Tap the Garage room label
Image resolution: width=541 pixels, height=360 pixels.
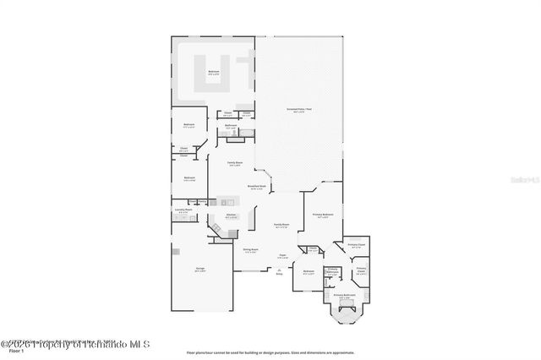[x=201, y=270]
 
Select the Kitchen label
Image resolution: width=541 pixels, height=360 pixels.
[x=230, y=216]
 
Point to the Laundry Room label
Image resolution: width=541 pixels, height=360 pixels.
[x=184, y=210]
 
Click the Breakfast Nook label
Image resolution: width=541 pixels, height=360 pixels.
[x=257, y=187]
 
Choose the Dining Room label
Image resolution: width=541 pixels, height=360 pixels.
[x=250, y=250]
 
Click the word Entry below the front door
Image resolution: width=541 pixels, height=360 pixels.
[x=280, y=273]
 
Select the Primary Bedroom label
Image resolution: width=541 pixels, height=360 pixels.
[x=322, y=215]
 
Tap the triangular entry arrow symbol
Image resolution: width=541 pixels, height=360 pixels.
[x=280, y=268]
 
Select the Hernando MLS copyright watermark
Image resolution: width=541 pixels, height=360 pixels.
[x=75, y=344]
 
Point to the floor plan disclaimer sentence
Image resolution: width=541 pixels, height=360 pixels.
[x=270, y=351]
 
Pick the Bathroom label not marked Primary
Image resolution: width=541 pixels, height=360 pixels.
[x=230, y=126]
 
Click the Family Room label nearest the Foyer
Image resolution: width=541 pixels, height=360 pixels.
[x=281, y=226]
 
